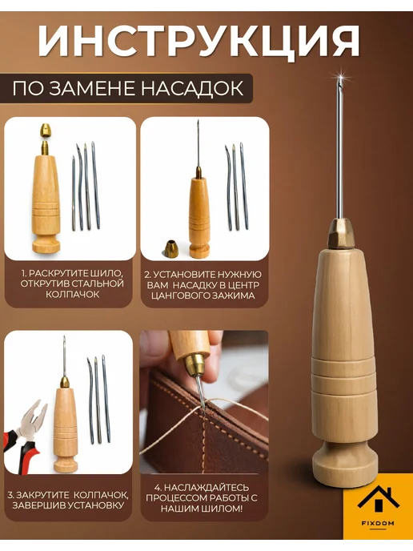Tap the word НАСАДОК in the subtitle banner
192,88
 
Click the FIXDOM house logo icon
379,499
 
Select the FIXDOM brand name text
378,523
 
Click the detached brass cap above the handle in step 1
46,131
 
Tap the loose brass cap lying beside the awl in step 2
171,249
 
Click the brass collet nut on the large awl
339,232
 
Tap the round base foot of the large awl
344,464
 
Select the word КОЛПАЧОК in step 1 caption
73,295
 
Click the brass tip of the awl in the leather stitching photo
194,364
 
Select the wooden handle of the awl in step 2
199,217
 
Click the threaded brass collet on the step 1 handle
46,148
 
